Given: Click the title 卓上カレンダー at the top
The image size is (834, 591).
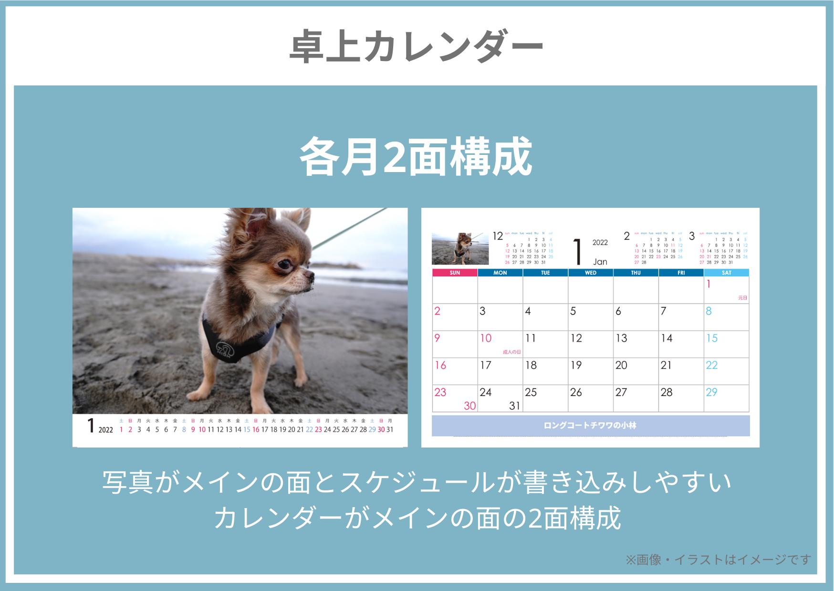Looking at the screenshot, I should pyautogui.click(x=416, y=46).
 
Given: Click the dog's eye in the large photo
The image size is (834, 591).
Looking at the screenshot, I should pyautogui.click(x=284, y=264).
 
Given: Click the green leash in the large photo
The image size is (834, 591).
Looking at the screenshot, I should pyautogui.click(x=348, y=229).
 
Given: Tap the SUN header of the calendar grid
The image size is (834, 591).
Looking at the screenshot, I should pyautogui.click(x=455, y=273).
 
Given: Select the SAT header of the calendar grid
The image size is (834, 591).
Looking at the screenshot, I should pyautogui.click(x=726, y=273).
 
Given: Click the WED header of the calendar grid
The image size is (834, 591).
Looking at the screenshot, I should pyautogui.click(x=591, y=273).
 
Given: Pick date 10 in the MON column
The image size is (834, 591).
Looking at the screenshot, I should pyautogui.click(x=486, y=338).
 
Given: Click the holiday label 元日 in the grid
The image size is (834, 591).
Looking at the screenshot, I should pyautogui.click(x=742, y=298).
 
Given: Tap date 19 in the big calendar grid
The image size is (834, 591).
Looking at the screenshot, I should pyautogui.click(x=576, y=366).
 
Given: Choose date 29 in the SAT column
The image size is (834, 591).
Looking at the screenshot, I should pyautogui.click(x=711, y=392).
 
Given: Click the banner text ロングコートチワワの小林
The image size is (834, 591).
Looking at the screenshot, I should pyautogui.click(x=590, y=425).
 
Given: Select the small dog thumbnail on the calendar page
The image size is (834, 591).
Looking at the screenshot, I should pyautogui.click(x=460, y=248).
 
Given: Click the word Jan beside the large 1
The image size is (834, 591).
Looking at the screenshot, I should pyautogui.click(x=600, y=262).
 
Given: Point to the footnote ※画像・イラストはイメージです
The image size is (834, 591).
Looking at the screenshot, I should pyautogui.click(x=718, y=560).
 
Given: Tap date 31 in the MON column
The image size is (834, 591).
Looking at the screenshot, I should pyautogui.click(x=514, y=406).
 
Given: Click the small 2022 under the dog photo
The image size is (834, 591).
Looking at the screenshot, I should pyautogui.click(x=105, y=430).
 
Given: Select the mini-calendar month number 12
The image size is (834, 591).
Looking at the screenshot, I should pyautogui.click(x=498, y=236).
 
